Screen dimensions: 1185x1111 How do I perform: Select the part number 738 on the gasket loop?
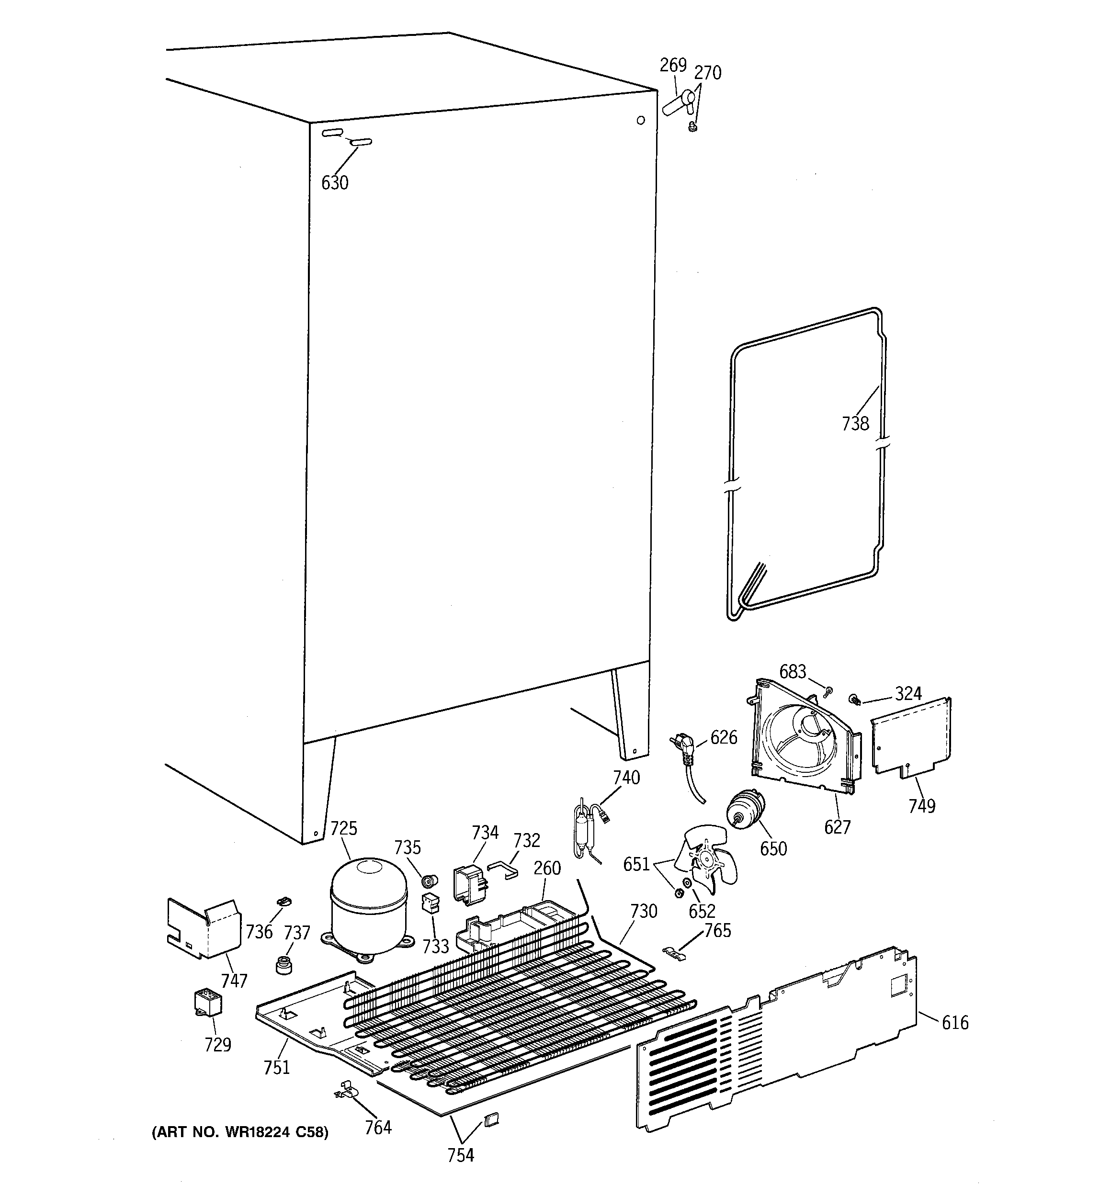coord(855,424)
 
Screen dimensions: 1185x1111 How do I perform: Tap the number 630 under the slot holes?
coord(335,183)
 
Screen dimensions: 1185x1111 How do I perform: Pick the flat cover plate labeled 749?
coord(911,739)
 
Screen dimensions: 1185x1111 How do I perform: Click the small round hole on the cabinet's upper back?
coord(640,120)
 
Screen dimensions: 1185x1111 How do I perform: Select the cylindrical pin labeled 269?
coord(675,106)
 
